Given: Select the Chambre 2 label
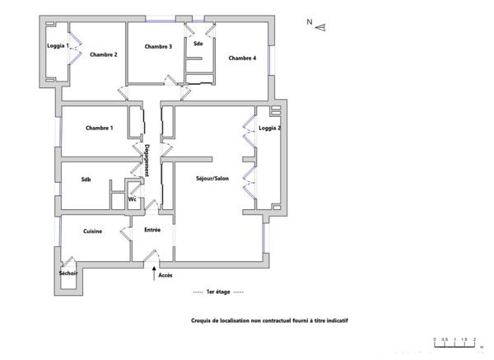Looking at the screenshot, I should (104, 54).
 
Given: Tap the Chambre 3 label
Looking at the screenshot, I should (158, 46).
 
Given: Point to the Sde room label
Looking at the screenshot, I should (198, 43).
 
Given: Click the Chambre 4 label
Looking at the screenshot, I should (242, 58).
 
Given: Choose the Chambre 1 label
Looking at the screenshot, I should (100, 128).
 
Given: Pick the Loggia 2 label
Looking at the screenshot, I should (269, 129).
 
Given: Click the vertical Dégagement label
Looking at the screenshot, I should (147, 160).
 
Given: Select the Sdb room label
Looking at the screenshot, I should (86, 179).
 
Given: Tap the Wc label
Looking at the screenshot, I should (132, 199).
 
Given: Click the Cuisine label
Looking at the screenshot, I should (93, 231).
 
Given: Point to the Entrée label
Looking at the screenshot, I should (152, 230).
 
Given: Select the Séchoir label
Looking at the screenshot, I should (68, 273).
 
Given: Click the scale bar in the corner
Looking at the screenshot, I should (454, 345).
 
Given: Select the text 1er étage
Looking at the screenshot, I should (218, 292).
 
